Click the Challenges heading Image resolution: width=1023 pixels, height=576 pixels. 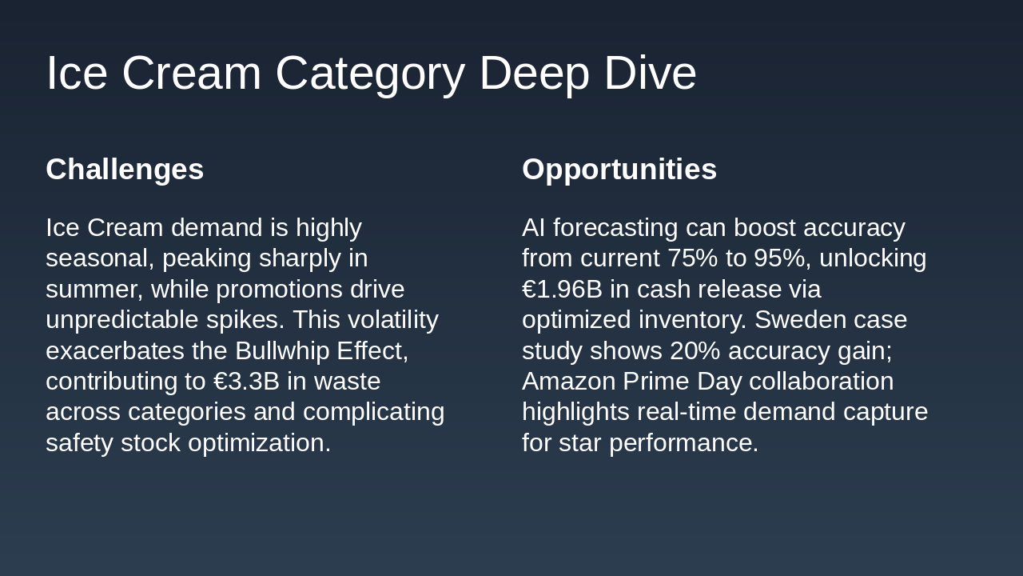coord(125,170)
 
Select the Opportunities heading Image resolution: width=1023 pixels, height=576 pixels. coord(619,170)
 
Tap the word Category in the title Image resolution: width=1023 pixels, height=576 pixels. coord(369,73)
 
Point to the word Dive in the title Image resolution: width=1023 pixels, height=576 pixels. coord(650,73)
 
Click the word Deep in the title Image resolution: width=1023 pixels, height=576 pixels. coord(534,73)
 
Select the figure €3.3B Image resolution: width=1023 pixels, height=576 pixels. coord(246,382)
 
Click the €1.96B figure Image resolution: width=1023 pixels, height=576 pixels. coord(562,289)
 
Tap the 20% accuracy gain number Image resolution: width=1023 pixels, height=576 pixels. coord(695,350)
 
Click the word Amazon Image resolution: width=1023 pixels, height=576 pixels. coord(568,382)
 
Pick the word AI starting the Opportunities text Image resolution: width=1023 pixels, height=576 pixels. coord(533,228)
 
